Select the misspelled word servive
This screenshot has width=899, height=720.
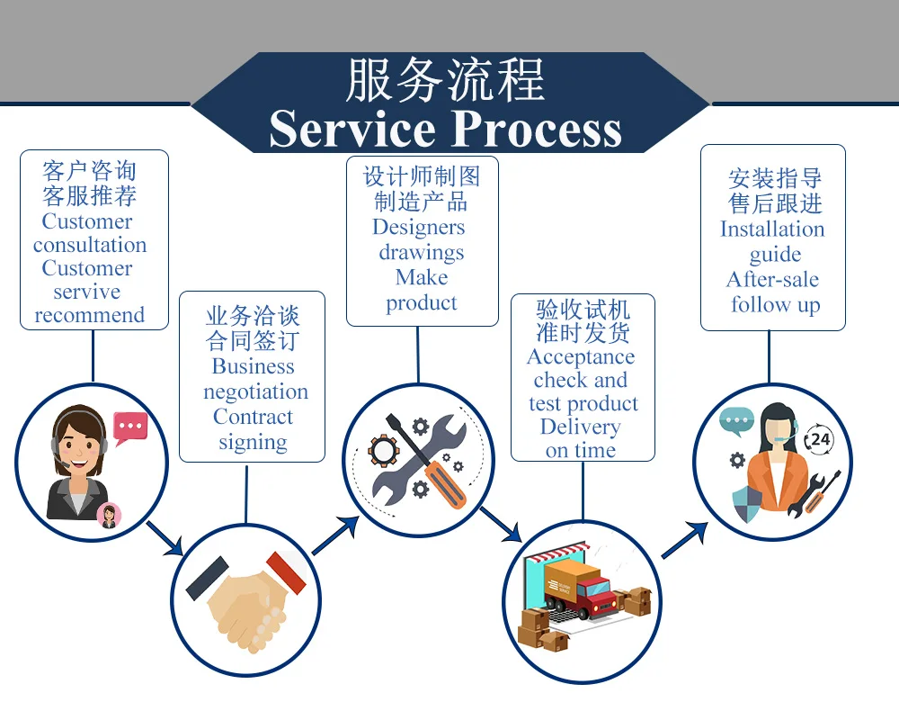[x=87, y=292]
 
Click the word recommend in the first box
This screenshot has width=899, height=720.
[x=89, y=315]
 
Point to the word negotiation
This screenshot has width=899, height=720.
[x=255, y=392]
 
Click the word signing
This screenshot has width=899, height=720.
[x=253, y=443]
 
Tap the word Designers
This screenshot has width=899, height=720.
[x=419, y=227]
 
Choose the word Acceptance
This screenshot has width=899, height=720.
[x=581, y=356]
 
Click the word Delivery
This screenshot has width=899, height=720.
[x=580, y=427]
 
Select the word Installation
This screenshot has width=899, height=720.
[x=772, y=229]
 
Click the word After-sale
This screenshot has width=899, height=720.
[x=772, y=279]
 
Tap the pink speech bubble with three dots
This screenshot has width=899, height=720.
[x=129, y=426]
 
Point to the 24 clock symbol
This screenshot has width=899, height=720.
[x=819, y=439]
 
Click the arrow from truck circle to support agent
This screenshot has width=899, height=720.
[x=685, y=540]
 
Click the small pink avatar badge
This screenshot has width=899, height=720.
[x=110, y=515]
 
